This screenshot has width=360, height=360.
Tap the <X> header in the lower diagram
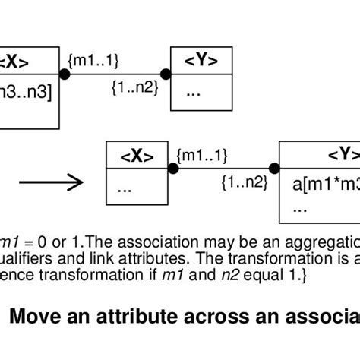tap(137, 156)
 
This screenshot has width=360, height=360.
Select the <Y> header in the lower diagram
tap(342, 155)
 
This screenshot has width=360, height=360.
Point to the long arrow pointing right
tap(50, 182)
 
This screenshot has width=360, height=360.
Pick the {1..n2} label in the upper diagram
tap(134, 88)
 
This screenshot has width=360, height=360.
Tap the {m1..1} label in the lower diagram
tap(201, 155)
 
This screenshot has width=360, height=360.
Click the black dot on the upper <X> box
tap(65, 74)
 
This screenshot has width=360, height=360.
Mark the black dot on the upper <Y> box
tap(168, 74)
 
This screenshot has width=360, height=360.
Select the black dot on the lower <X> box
tap(173, 169)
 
